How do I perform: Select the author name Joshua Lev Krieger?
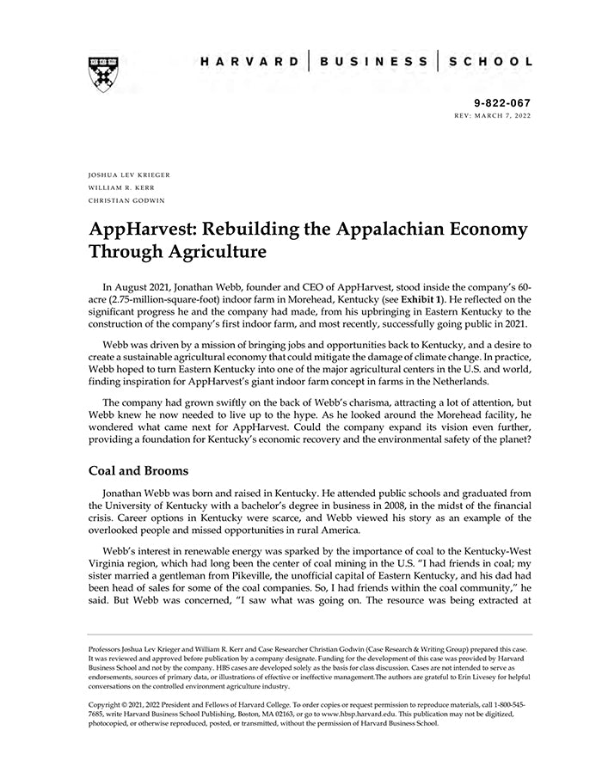click(x=130, y=175)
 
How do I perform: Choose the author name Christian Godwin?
click(x=126, y=200)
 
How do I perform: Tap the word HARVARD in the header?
click(x=249, y=62)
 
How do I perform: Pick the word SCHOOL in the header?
click(x=490, y=62)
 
